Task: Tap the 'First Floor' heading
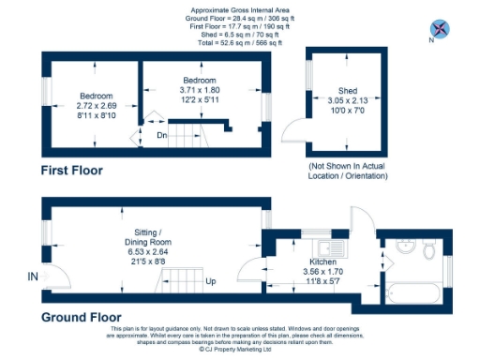71,171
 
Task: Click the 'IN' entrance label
33,277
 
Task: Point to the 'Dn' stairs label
161,135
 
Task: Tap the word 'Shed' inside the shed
334,91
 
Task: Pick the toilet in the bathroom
429,250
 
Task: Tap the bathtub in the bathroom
412,293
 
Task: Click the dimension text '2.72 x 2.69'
97,106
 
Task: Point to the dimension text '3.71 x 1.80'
200,90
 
